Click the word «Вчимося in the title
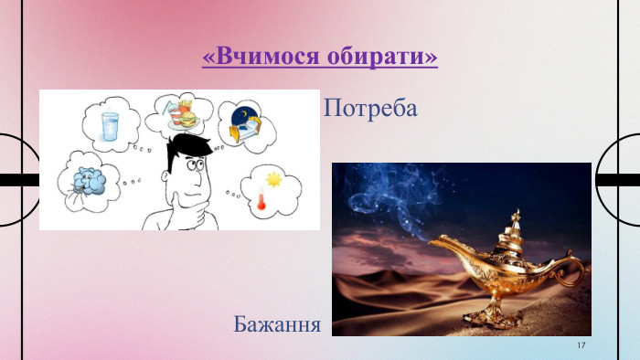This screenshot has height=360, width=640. (x=258, y=58)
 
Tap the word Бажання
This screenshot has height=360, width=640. (x=276, y=323)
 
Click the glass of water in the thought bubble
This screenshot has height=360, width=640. (x=111, y=125)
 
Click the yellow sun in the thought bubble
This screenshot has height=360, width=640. (x=274, y=180)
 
